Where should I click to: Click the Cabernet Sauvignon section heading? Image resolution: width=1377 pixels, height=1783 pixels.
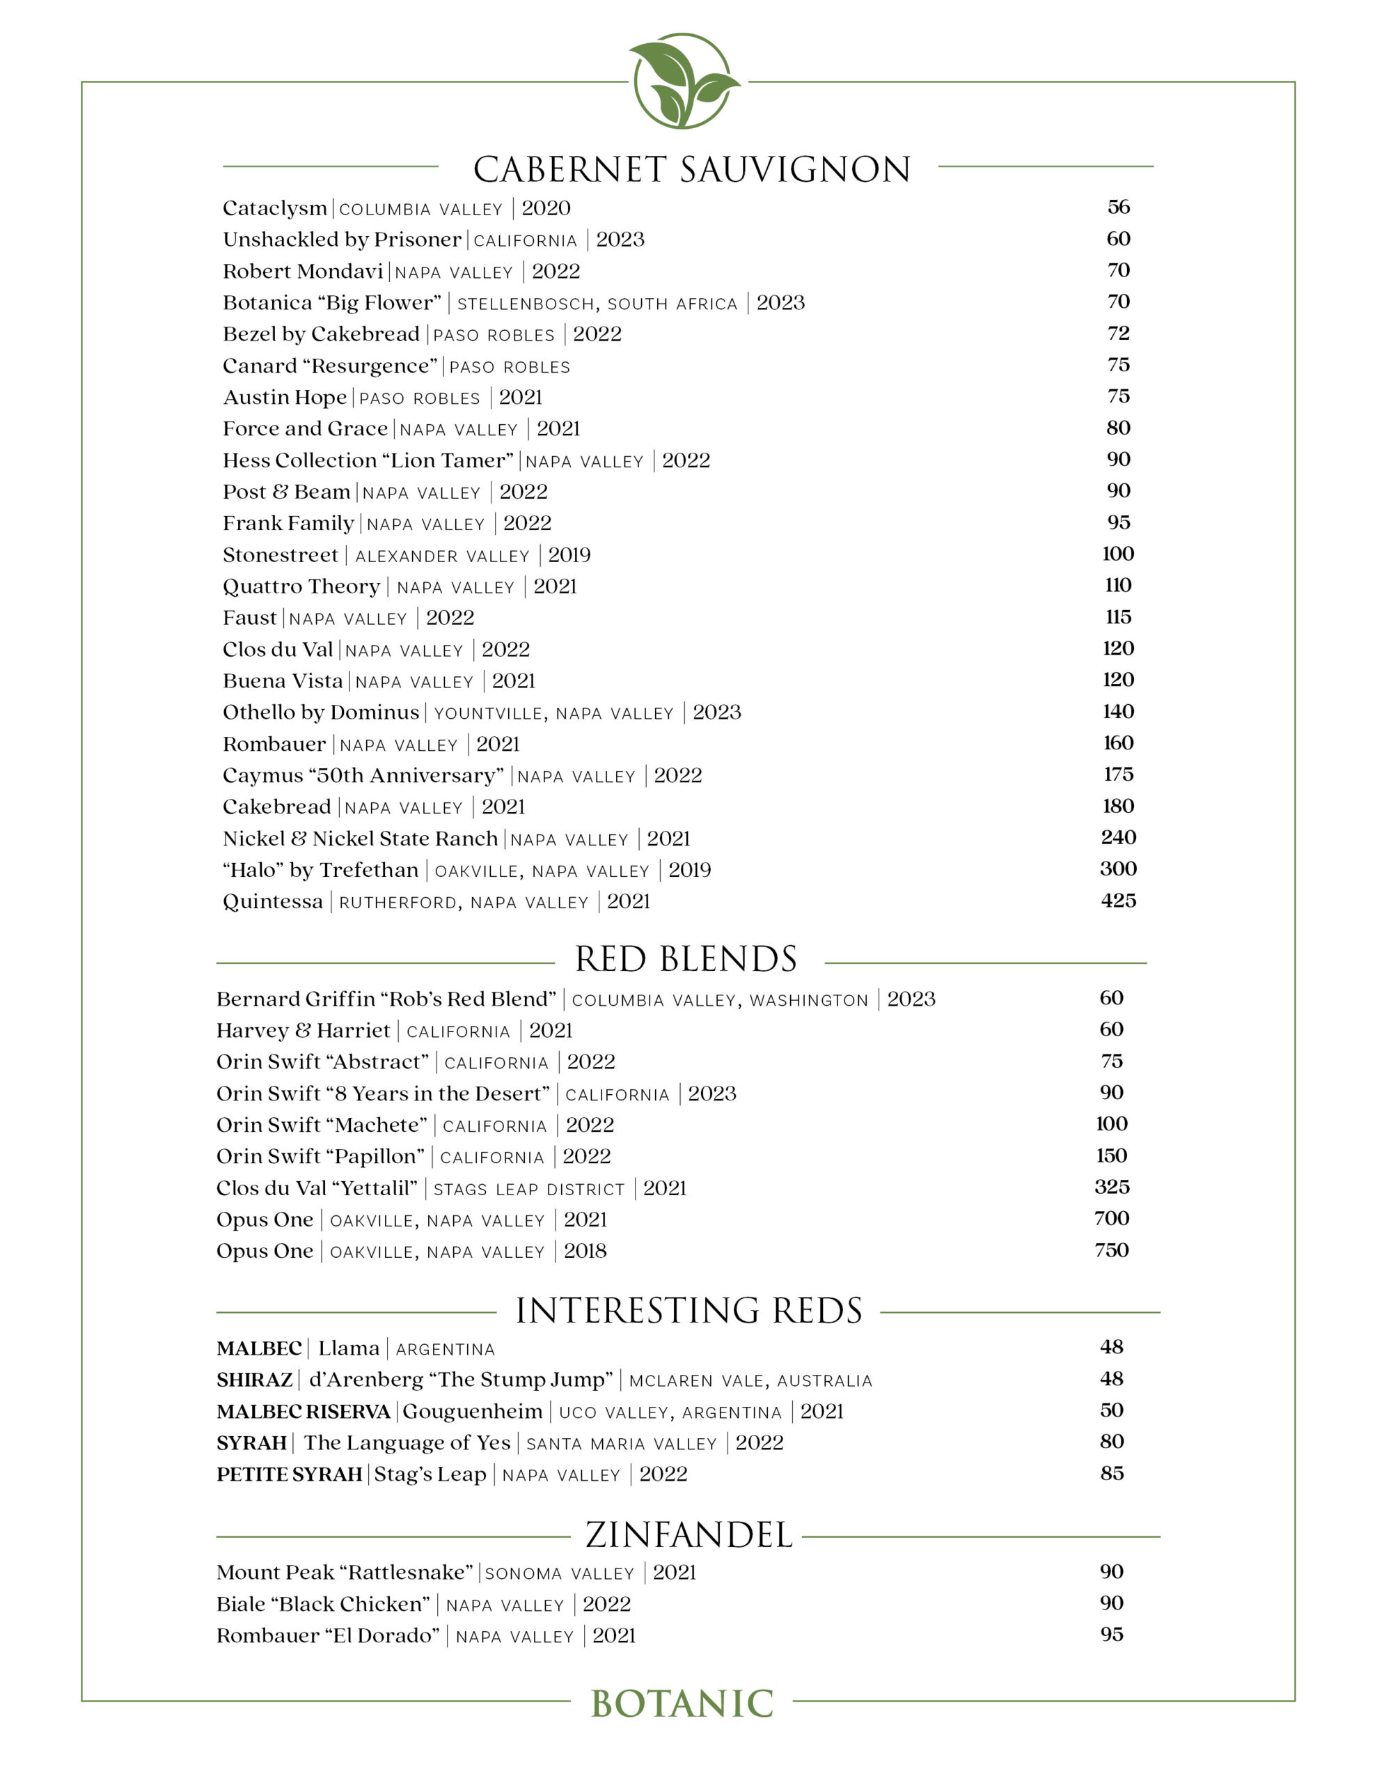691,169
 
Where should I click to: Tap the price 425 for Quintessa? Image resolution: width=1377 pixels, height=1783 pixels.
1118,901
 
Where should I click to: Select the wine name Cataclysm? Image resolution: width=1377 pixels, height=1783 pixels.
274,208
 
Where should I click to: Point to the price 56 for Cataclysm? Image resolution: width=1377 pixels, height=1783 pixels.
1118,207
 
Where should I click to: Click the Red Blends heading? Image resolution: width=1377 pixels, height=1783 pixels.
686,959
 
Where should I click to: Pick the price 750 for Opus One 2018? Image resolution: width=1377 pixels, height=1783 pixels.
1112,1250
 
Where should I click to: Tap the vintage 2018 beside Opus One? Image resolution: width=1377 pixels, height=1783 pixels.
585,1251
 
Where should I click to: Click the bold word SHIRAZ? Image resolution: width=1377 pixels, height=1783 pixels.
255,1380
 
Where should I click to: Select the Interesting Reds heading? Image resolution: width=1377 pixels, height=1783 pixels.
689,1310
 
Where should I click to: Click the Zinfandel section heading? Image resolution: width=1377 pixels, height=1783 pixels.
689,1535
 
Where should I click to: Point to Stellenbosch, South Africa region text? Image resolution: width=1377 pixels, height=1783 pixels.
597,304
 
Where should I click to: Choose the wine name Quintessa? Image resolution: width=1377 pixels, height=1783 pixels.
273,901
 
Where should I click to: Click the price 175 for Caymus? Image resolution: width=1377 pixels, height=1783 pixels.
1118,774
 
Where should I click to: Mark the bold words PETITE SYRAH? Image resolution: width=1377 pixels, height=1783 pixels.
289,1474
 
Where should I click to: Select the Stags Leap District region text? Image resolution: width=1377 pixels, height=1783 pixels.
529,1189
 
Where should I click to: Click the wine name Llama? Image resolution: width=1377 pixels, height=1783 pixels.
349,1348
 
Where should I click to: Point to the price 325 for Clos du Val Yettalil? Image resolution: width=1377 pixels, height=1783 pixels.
1112,1187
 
